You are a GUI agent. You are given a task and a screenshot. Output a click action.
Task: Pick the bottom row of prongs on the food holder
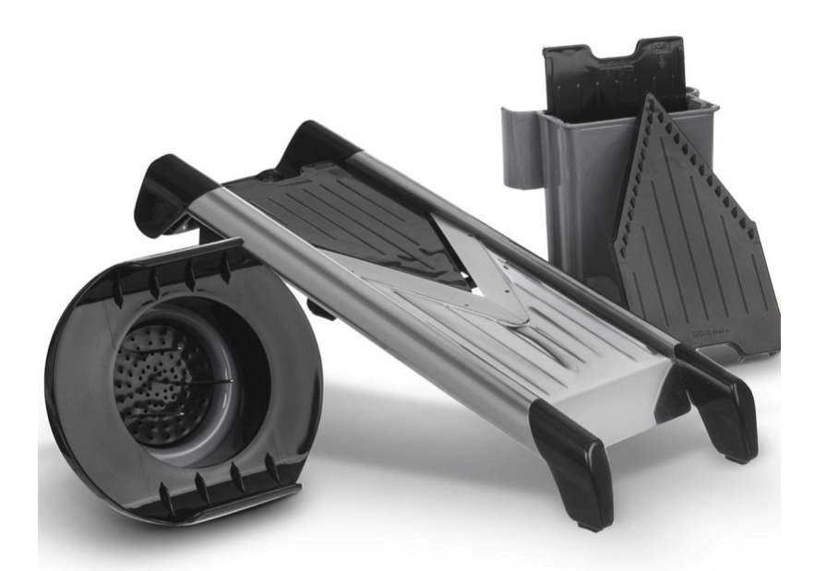(x=221, y=480)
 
